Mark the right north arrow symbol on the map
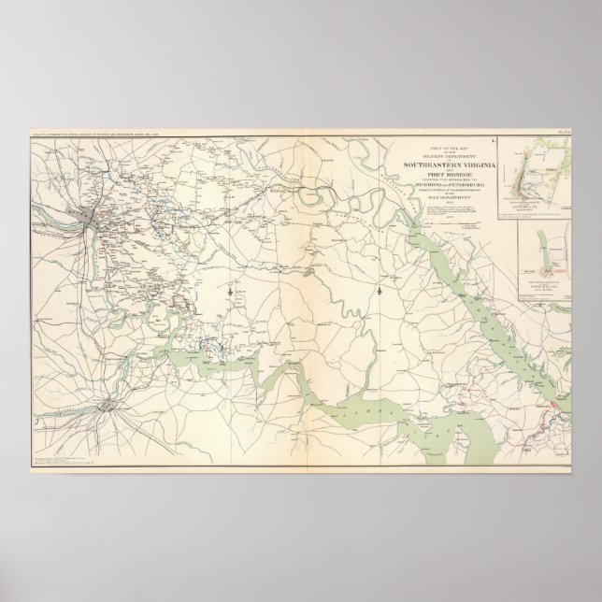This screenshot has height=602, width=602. pos(380,294)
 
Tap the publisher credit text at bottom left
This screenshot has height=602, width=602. pos(65,461)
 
